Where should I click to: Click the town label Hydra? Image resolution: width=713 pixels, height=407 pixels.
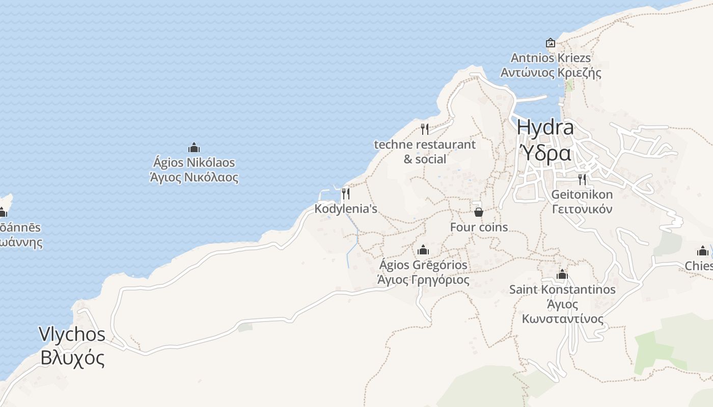coord(545,127)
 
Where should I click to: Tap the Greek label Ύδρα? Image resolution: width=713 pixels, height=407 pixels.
coord(545,153)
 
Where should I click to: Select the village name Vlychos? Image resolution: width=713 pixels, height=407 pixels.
coord(72,334)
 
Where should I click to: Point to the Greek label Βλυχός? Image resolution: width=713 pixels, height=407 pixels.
coord(72,358)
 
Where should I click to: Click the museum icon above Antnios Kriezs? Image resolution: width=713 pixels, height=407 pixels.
coord(550,43)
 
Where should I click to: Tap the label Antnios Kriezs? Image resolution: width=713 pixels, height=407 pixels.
coord(551,57)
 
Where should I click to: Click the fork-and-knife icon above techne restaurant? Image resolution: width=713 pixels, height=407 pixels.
coord(425,129)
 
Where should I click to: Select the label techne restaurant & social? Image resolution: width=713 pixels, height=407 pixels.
coord(425,152)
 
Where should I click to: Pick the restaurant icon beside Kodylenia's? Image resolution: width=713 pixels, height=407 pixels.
coord(346,193)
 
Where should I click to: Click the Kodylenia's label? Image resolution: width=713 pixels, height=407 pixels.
coord(346,209)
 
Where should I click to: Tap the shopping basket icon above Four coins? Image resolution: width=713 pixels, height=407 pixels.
coord(479,212)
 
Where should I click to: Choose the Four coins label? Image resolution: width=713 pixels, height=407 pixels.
coord(479,227)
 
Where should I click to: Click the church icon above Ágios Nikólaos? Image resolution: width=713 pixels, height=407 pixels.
coord(194,148)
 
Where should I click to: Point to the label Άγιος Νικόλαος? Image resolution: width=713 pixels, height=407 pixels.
coord(194,178)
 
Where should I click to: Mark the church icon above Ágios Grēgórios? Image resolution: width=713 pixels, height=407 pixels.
coord(423,250)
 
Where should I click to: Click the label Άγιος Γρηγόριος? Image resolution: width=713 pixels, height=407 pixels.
coord(423,280)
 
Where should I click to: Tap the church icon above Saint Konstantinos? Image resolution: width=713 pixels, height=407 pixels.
coord(562,275)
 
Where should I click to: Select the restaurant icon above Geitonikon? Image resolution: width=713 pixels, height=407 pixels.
coord(582,179)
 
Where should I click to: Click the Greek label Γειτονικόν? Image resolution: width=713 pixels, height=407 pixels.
coord(582,209)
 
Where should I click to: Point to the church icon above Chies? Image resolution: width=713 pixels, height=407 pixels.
coord(703,251)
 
